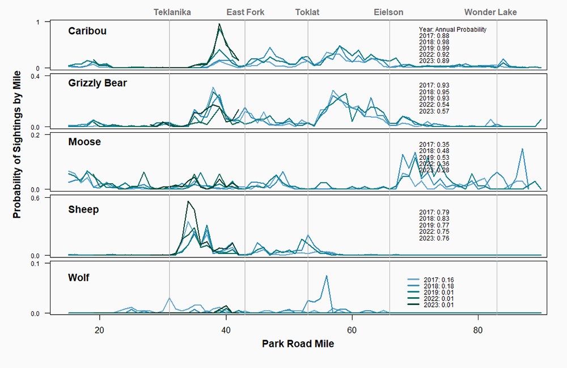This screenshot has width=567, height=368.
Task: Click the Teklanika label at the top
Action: pyautogui.click(x=172, y=12)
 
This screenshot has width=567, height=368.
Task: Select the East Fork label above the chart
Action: pyautogui.click(x=245, y=12)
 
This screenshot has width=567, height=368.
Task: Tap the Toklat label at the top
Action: pyautogui.click(x=307, y=12)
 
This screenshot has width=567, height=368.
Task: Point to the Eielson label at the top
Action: pyautogui.click(x=388, y=12)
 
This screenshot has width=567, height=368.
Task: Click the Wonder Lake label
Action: pyautogui.click(x=490, y=12)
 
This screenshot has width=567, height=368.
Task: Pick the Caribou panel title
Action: pyautogui.click(x=87, y=31)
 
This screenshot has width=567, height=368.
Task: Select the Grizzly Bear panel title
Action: pyautogui.click(x=98, y=83)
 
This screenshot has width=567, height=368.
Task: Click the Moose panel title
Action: pyautogui.click(x=84, y=142)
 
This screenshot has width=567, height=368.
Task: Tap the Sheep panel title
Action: pyautogui.click(x=83, y=209)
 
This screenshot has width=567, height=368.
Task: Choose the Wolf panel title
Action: pyautogui.click(x=79, y=278)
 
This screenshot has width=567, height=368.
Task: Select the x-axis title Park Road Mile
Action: pyautogui.click(x=298, y=344)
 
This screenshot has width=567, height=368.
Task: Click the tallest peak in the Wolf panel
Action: pyautogui.click(x=327, y=276)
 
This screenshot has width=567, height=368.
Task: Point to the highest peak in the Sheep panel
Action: pyautogui.click(x=188, y=201)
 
